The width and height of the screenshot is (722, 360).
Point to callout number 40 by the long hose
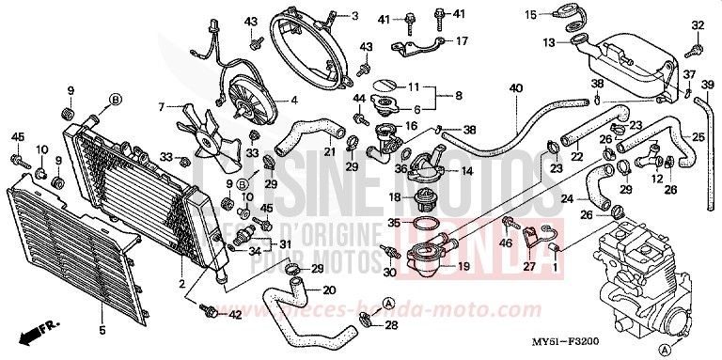tap(515, 88)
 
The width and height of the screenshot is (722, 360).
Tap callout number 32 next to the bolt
tap(698, 24)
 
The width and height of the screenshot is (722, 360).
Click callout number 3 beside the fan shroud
tap(329, 16)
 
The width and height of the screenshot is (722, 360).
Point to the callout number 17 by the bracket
tap(462, 41)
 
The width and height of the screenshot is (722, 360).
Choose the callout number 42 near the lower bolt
tap(236, 315)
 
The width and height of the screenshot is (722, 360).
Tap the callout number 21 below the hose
tap(329, 152)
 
